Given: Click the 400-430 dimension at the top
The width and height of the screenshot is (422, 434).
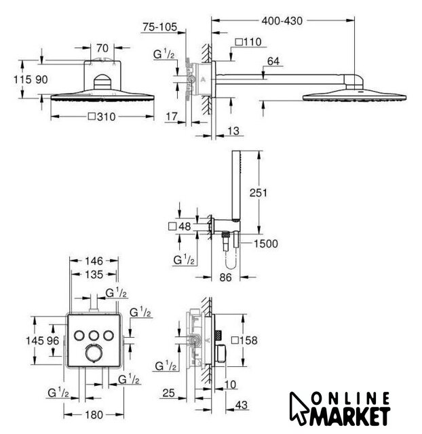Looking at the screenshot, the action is [x=282, y=21].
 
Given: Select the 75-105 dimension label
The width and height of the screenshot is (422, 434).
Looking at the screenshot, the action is [x=159, y=27].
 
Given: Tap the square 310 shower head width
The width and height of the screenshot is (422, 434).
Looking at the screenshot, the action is [x=102, y=117].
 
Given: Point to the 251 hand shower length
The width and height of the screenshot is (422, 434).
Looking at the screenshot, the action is [x=258, y=193].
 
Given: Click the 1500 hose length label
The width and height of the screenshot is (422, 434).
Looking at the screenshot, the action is [x=266, y=244].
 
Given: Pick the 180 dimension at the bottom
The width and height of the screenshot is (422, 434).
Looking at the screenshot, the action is [x=94, y=414].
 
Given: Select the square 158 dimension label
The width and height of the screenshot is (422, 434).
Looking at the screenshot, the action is [x=244, y=340].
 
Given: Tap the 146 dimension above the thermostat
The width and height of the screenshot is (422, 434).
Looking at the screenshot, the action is [x=94, y=261].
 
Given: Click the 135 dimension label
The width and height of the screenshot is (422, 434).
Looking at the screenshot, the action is [x=94, y=275].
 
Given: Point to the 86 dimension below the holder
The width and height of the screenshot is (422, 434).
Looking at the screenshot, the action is [x=225, y=277].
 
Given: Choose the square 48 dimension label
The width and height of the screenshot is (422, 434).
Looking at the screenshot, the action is [x=180, y=226].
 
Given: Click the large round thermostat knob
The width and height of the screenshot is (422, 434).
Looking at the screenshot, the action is [x=94, y=353].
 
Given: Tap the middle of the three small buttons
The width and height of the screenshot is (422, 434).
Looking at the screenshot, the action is [x=94, y=336].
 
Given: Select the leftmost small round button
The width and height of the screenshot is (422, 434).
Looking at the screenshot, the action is [x=79, y=336].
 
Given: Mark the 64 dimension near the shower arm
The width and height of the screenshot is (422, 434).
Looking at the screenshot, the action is [x=273, y=61].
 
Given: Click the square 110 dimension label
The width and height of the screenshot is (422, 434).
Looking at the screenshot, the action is [x=248, y=42].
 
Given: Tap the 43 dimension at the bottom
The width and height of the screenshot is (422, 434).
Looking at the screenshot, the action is [x=241, y=405].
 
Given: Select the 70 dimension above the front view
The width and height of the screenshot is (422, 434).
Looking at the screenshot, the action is [x=102, y=48].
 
